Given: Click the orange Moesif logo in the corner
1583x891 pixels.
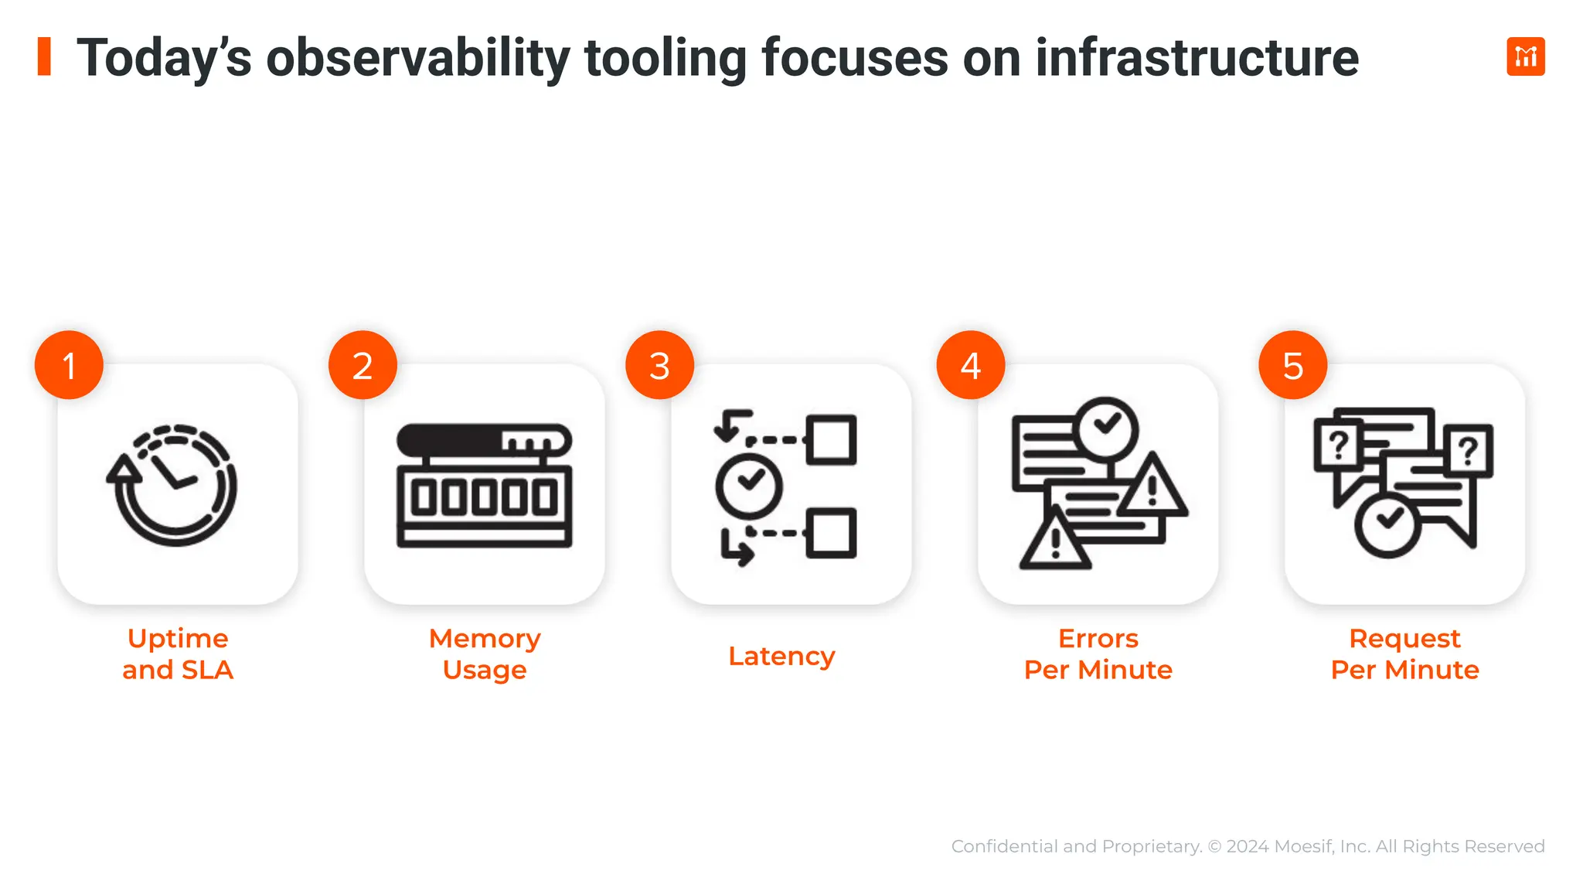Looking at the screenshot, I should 1525,56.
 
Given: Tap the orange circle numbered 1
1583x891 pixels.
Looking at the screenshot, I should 69,365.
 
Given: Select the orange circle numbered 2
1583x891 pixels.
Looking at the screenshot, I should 363,365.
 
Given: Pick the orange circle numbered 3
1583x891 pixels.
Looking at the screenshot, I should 659,365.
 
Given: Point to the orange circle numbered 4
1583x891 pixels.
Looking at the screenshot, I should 970,365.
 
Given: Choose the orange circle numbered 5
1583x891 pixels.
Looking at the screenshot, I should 1292,365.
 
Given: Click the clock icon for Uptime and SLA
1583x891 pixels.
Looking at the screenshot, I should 174,485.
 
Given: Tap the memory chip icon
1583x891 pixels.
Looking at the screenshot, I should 485,485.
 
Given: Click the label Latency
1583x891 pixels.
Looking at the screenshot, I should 781,656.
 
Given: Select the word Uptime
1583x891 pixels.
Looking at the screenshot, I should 178,638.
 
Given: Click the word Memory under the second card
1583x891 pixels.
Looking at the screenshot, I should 485,638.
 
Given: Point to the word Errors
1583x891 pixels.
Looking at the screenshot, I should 1098,638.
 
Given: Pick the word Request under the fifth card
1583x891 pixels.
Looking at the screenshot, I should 1404,638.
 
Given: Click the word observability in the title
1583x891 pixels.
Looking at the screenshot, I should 417,58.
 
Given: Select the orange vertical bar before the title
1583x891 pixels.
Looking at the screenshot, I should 44,56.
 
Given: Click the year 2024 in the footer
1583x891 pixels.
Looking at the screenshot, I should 1248,846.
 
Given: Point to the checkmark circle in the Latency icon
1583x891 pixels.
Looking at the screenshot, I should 749,486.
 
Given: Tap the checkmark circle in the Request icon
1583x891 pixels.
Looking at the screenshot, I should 1388,524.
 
